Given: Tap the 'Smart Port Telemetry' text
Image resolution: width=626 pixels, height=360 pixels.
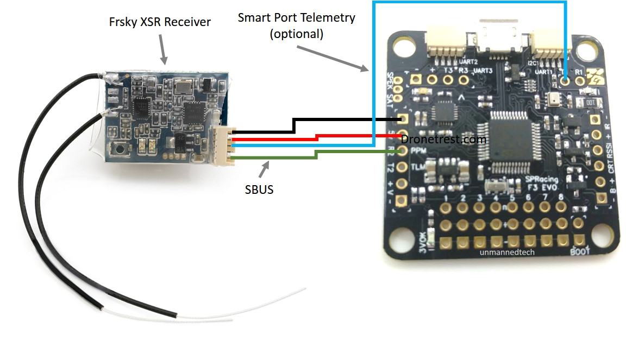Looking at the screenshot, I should pos(296,17).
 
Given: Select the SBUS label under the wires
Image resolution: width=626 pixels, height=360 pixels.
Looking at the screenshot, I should pos(259,190).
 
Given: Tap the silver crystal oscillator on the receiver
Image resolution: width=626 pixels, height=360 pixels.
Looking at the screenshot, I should pos(184,85).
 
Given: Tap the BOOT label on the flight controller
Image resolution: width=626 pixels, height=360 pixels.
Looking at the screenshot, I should pos(578,251).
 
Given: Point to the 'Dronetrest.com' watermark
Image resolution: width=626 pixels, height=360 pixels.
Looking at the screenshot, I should pos(443,139).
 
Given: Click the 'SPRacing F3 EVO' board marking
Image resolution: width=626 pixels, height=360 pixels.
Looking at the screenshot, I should pos(539,184).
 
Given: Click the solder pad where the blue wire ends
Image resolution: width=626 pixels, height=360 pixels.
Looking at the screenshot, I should pos(565,80).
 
